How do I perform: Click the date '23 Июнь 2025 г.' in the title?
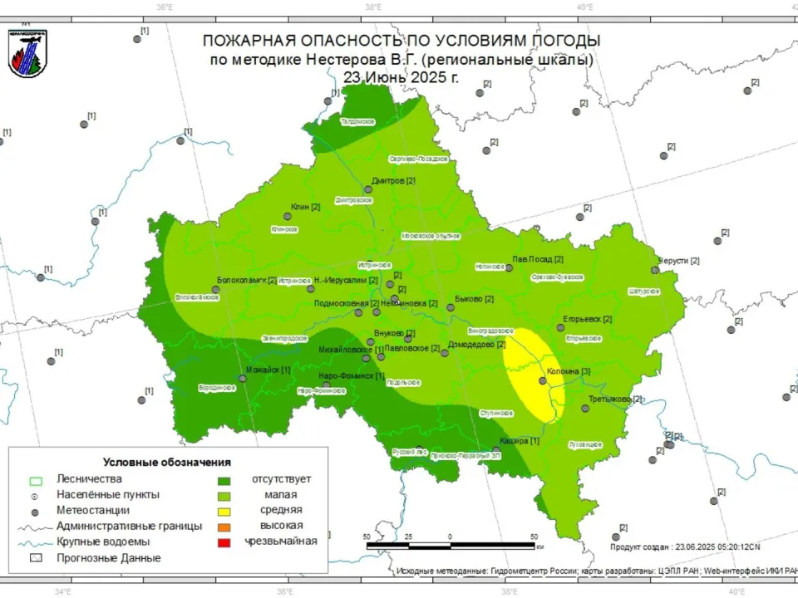(400, 77)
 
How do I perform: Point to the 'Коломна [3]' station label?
(569, 371)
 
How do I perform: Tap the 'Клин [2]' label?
(305, 207)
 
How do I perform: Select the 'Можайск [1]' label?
(268, 370)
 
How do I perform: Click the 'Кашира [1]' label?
(520, 440)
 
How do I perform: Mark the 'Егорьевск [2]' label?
(588, 319)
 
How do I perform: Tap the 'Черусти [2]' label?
(679, 260)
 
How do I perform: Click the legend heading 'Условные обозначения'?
(166, 462)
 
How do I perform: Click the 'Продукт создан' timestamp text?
(686, 547)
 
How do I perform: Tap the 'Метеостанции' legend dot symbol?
(36, 510)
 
